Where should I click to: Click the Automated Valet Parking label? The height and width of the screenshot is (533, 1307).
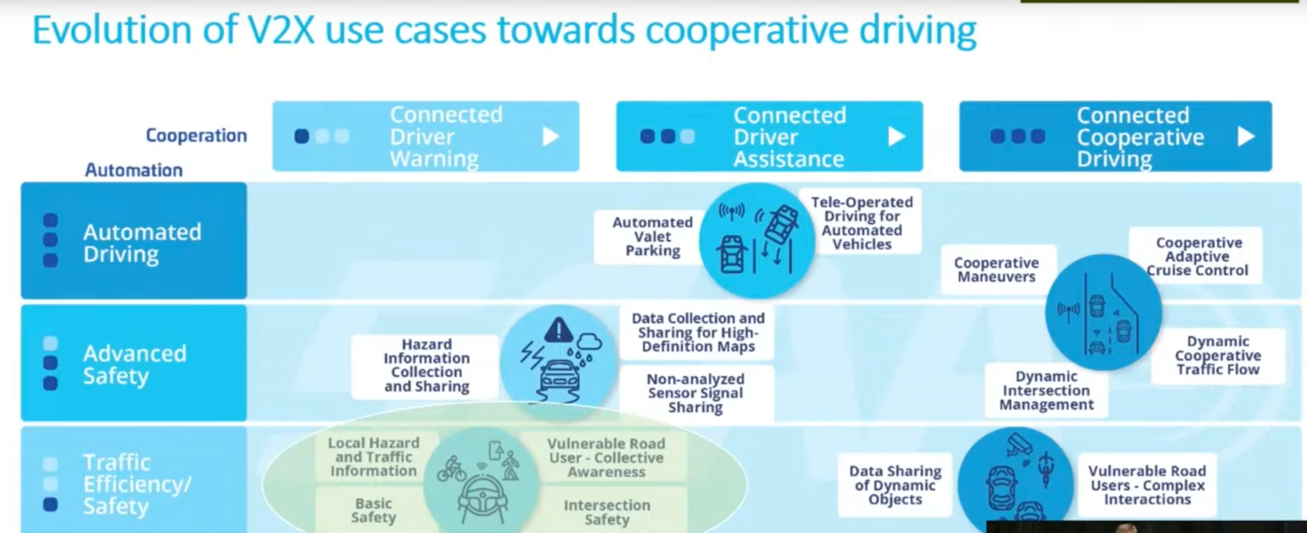coord(652,237)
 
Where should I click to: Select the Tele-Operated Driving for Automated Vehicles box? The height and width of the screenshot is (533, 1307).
coord(861,223)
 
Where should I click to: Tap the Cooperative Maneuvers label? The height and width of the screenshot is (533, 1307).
coord(996,269)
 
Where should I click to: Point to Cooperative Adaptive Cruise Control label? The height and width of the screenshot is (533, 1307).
coord(1197,256)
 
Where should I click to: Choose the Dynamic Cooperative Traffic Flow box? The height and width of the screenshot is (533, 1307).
coord(1217,355)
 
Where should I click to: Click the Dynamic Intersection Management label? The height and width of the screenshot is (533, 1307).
coord(1046,390)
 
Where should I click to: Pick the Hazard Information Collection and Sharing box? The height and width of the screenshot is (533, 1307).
coord(426,366)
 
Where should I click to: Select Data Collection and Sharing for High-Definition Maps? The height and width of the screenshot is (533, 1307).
coord(698,332)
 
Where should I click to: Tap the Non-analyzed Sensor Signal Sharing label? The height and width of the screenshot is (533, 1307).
coord(695,393)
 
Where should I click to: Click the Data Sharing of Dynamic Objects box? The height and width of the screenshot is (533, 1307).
coord(895,485)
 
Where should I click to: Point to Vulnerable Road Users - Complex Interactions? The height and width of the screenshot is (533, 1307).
coord(1147,485)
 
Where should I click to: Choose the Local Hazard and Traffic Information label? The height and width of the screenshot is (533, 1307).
coord(373,457)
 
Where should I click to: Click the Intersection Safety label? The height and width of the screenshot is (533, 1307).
coord(606,512)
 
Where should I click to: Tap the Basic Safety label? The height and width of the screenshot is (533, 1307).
coord(373,510)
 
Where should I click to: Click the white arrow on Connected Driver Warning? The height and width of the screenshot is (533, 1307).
coord(551,137)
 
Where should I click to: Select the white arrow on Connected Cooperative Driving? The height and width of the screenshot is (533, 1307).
coord(1246,137)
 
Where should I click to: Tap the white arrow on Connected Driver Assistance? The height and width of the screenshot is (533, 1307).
coord(897,137)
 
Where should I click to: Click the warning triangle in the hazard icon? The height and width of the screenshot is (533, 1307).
coord(558,330)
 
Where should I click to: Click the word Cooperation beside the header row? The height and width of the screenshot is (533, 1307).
coord(196,135)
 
